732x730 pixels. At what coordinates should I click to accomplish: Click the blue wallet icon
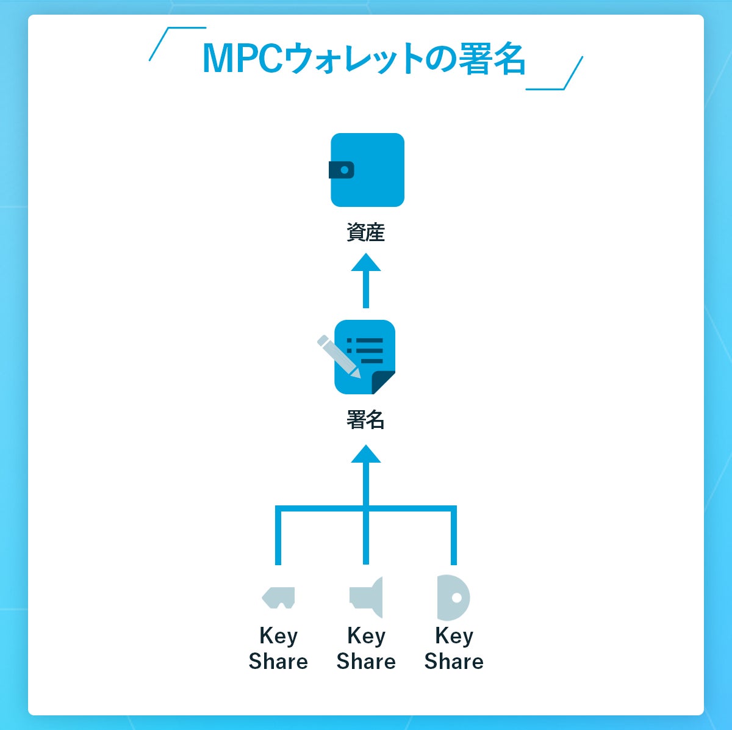tap(367, 170)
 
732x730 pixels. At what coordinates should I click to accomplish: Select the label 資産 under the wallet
tap(366, 233)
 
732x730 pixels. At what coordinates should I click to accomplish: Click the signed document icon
tap(365, 357)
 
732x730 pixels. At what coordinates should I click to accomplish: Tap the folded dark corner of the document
tap(384, 382)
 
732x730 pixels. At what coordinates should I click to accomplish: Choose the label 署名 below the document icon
tap(366, 420)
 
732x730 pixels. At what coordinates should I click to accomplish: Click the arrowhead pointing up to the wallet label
tap(366, 263)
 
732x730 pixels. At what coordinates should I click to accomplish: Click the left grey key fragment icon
tap(279, 597)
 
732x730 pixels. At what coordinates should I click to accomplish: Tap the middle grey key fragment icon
tap(367, 596)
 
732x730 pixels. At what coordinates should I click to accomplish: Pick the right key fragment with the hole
tap(453, 597)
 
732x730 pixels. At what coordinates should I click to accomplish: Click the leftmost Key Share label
tap(278, 648)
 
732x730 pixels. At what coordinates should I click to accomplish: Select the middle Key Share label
tap(366, 648)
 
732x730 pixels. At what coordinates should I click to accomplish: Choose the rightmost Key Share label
tap(454, 648)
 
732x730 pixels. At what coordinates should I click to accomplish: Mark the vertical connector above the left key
tap(278, 537)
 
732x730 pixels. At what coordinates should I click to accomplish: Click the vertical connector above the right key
tap(453, 537)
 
